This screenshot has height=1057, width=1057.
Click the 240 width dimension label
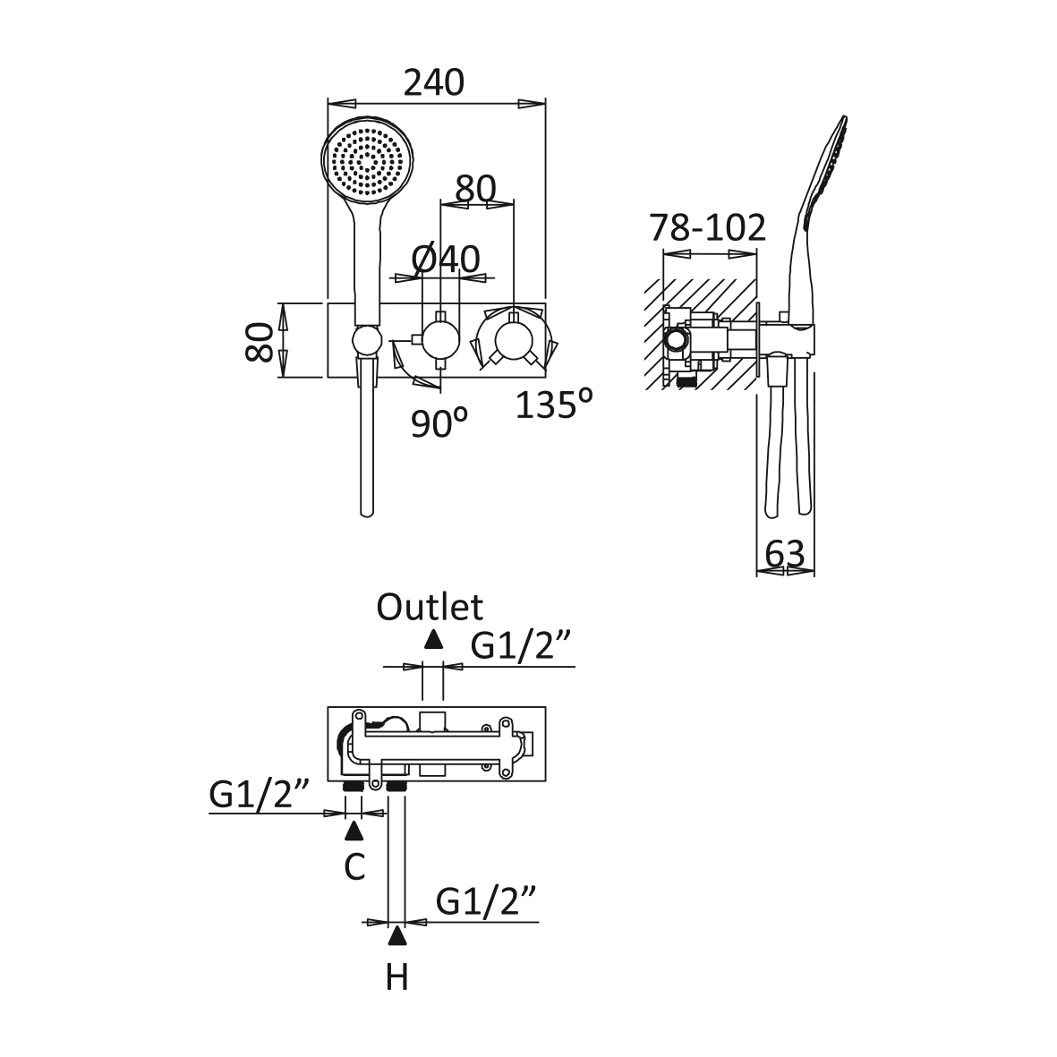(434, 82)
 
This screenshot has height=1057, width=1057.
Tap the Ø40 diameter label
(446, 260)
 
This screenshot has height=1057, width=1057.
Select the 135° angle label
(554, 405)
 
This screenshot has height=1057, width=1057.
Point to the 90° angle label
(439, 422)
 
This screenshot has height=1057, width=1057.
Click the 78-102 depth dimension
(708, 228)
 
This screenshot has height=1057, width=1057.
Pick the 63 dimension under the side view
(786, 555)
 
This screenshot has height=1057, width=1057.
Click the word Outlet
(430, 607)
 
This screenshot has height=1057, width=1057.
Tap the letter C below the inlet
(354, 866)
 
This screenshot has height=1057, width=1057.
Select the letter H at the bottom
(396, 977)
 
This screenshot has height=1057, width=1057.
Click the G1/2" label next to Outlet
(521, 646)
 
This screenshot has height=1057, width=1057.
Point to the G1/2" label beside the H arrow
(488, 901)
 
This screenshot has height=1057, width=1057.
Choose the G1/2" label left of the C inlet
(260, 793)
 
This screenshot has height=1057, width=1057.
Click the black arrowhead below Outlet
(434, 639)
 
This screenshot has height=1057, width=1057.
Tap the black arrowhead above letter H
(396, 937)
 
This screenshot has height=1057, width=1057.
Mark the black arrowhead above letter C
(354, 831)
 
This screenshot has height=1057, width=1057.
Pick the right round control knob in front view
(514, 340)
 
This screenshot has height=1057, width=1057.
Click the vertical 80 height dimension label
(260, 340)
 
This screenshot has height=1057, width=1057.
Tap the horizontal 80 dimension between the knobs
(475, 189)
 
